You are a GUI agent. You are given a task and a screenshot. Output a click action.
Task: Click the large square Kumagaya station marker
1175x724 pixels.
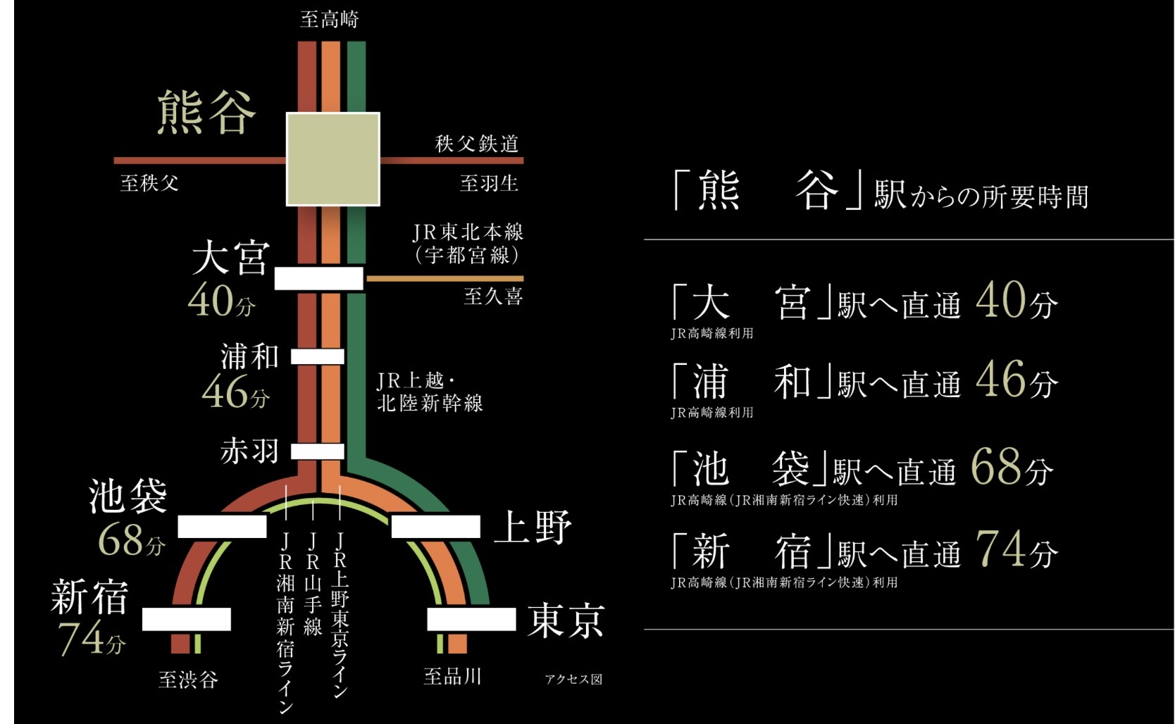(x=332, y=158)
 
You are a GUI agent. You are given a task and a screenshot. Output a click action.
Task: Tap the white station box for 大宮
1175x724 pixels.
(x=318, y=278)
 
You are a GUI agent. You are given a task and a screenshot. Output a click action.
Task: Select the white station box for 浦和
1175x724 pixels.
(x=318, y=356)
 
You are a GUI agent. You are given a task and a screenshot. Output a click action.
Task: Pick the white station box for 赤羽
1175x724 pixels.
(x=318, y=451)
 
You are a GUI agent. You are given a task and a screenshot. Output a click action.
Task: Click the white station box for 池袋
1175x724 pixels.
(x=222, y=526)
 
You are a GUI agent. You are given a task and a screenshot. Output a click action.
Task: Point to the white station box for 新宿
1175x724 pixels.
(x=187, y=619)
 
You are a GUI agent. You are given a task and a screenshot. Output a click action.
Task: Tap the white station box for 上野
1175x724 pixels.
(x=435, y=526)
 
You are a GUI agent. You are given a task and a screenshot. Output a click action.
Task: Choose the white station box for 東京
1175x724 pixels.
(x=471, y=619)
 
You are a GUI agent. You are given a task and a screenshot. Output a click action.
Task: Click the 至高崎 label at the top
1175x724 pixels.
(x=329, y=19)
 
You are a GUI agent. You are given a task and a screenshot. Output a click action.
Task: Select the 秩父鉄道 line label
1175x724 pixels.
(x=477, y=144)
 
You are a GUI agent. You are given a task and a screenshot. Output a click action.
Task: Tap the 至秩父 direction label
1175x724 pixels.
(x=149, y=184)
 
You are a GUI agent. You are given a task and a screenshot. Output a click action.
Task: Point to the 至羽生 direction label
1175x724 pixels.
(x=489, y=183)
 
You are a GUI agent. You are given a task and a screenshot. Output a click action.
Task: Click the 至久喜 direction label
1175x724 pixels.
(x=493, y=296)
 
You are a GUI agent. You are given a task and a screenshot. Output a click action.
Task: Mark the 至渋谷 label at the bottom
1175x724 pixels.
(x=188, y=680)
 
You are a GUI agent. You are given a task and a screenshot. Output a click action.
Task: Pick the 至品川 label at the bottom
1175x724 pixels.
(x=452, y=677)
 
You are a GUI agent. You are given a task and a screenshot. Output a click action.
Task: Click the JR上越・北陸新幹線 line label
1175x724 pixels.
(x=430, y=392)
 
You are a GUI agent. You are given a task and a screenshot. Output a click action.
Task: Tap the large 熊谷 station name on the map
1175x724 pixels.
(x=205, y=113)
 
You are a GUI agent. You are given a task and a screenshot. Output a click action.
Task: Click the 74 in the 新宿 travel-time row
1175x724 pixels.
(x=1000, y=549)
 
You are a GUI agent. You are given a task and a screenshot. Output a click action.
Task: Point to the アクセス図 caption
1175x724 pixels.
(x=573, y=680)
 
